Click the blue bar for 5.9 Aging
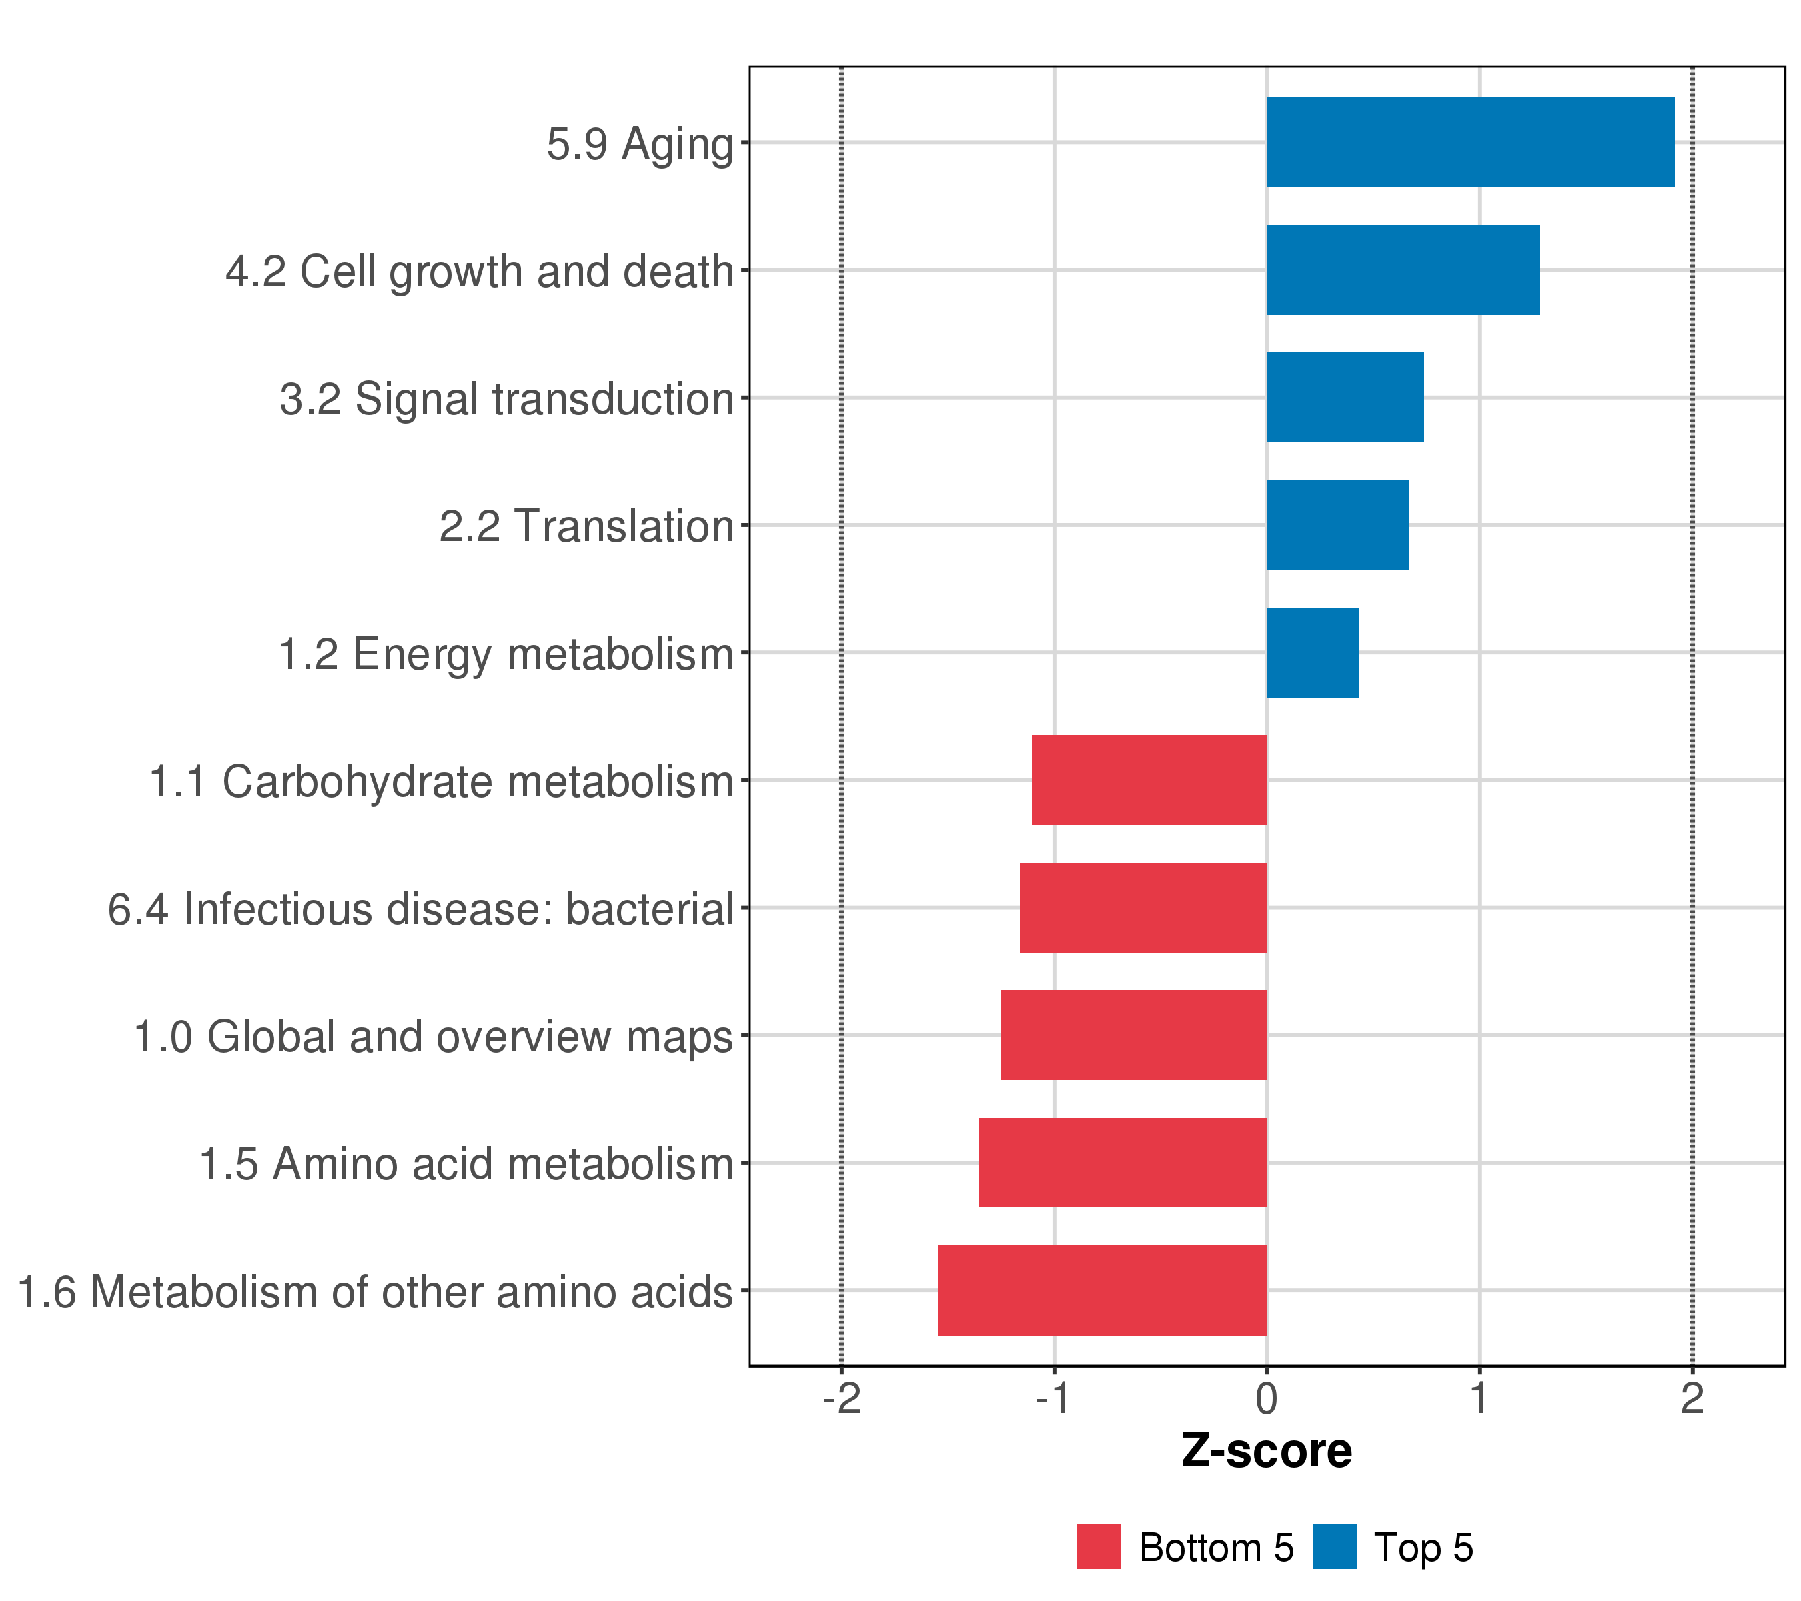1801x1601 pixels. click(1469, 142)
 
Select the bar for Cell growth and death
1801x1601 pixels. click(1402, 270)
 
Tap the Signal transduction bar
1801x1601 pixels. click(1345, 398)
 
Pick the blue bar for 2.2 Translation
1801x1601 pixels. click(1337, 525)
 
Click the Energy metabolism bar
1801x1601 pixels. click(1312, 653)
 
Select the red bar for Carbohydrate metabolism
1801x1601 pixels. click(1149, 780)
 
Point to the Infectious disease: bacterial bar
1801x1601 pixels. click(1143, 907)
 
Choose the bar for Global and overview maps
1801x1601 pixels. click(1133, 1035)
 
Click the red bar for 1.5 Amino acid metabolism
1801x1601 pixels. click(1122, 1163)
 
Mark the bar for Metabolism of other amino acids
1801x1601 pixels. click(1101, 1290)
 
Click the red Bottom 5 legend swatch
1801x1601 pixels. click(1098, 1547)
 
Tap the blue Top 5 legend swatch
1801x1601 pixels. click(1334, 1547)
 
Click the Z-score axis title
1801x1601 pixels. click(1266, 1450)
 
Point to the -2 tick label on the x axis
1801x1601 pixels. click(840, 1398)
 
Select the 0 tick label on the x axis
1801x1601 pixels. click(1266, 1398)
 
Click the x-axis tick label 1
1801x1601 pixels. click(1479, 1398)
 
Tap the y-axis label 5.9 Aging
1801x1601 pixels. click(640, 143)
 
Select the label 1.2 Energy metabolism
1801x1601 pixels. click(506, 654)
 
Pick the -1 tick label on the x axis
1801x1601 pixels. click(1053, 1398)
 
